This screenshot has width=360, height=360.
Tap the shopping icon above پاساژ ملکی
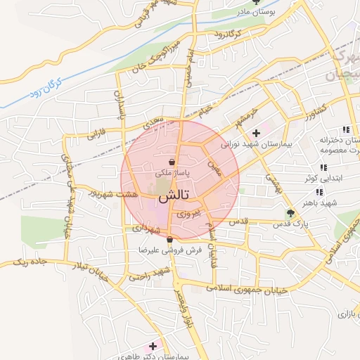[x=172, y=161]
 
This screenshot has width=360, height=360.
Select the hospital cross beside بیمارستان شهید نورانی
[x=256, y=132]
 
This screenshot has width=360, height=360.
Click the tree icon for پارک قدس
[x=290, y=213]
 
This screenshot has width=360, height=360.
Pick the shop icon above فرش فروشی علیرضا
[x=169, y=240]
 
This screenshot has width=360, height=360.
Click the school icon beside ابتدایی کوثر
[x=323, y=167]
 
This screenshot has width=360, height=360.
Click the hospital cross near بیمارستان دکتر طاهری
[x=153, y=346]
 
